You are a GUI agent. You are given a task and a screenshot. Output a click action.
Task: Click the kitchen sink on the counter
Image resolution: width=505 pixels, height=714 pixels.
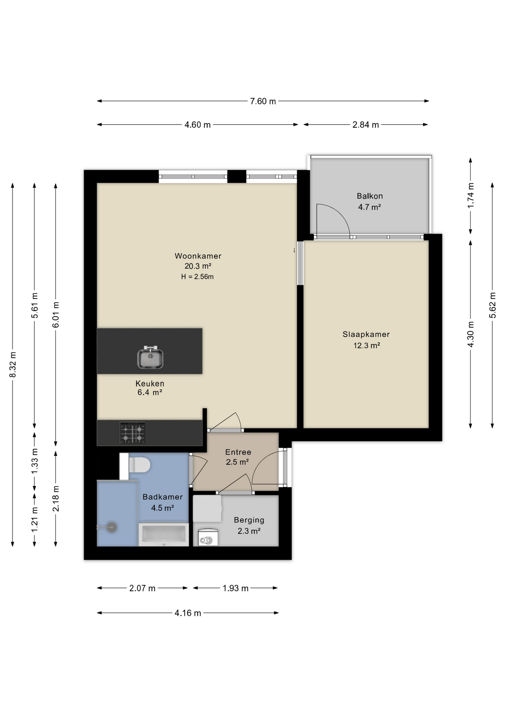point(150,357)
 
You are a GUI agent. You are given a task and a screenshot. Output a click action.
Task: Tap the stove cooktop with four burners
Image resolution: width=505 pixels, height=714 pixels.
point(132,433)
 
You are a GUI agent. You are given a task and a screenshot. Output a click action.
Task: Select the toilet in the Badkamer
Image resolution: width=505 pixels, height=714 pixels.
point(135,466)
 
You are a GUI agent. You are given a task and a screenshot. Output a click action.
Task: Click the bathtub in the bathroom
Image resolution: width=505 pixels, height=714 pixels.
point(164,534)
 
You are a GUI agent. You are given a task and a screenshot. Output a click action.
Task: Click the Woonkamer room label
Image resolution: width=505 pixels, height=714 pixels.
point(198,256)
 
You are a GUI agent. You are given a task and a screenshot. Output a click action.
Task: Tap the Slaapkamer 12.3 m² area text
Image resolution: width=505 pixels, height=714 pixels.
point(366,345)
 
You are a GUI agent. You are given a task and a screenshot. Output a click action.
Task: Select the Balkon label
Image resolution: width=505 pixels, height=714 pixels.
point(370,196)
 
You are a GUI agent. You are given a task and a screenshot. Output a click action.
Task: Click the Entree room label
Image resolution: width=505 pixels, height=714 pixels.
point(238,452)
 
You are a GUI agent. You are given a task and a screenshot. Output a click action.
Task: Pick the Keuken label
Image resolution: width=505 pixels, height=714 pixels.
point(150,383)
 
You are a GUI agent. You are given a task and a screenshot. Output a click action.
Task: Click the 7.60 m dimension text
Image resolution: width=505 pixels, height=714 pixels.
point(263,101)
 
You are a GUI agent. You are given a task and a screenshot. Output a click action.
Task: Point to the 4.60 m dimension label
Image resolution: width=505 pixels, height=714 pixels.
point(197,125)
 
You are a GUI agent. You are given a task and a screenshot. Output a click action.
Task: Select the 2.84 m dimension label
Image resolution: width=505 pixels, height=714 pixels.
point(366,125)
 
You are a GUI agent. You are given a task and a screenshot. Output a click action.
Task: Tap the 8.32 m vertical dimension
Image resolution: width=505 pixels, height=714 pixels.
point(13,364)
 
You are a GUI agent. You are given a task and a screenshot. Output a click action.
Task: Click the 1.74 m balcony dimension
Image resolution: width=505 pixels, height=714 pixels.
point(471,195)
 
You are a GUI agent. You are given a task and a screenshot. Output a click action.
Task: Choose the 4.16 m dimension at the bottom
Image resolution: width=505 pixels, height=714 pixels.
point(188,613)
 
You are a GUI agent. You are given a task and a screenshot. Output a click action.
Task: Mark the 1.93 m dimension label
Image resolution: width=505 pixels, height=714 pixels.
point(235,588)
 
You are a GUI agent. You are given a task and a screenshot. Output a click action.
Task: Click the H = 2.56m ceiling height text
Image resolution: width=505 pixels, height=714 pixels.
point(197,277)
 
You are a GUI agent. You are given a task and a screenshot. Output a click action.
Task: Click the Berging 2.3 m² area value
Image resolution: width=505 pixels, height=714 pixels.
point(249,531)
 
